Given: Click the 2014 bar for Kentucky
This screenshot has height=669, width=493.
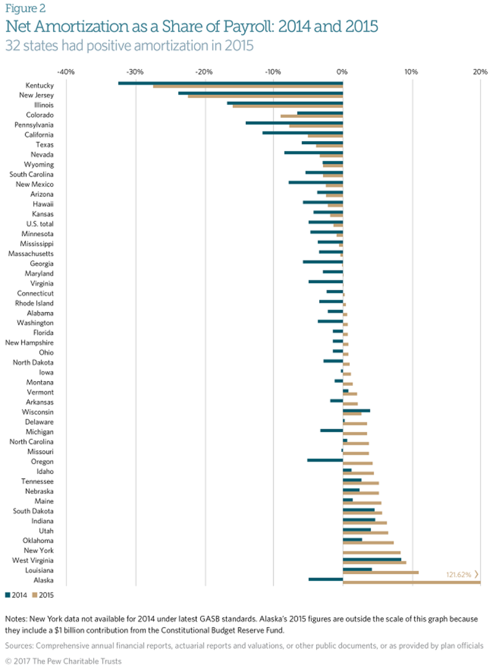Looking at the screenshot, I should tap(230, 83).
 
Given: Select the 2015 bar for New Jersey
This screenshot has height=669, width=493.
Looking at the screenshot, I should tap(265, 96).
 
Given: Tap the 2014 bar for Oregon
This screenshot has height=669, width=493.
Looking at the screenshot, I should tap(325, 460).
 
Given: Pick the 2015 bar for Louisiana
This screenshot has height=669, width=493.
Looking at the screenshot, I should tap(380, 572).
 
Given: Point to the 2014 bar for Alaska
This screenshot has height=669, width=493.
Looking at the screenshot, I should tap(325, 579).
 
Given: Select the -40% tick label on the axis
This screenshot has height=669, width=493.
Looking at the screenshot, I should tap(65, 72).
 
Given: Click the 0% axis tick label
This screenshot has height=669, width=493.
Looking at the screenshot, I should tap(343, 72).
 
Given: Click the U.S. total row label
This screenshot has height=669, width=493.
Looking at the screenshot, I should tap(40, 223).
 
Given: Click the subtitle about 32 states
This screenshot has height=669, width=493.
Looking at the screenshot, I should tap(129, 45).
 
